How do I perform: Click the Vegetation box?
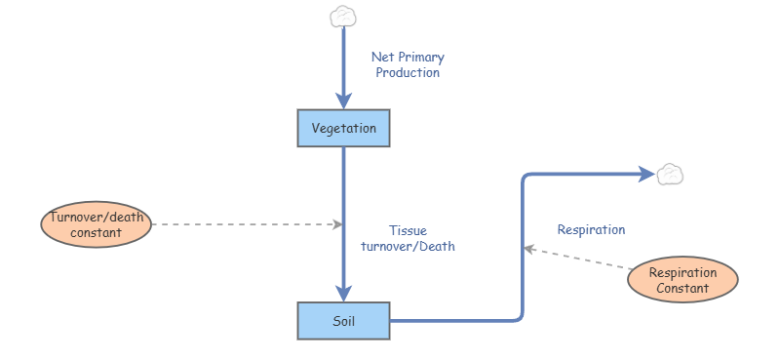click(x=343, y=128)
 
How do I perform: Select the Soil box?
click(x=343, y=320)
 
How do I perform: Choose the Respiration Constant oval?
click(x=682, y=281)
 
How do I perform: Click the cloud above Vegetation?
click(x=342, y=16)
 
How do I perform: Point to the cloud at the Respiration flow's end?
click(x=670, y=175)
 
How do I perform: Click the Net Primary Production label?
click(x=408, y=64)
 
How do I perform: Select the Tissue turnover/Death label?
click(x=408, y=238)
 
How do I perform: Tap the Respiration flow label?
click(x=591, y=230)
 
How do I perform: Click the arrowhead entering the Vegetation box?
click(x=343, y=100)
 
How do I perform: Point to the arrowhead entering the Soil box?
click(x=343, y=293)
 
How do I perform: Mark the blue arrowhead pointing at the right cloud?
click(x=646, y=175)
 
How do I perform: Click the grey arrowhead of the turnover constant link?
click(x=337, y=224)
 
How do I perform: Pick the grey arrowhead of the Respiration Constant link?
click(x=529, y=249)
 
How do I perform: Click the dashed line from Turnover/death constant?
click(x=244, y=224)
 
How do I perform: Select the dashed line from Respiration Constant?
click(x=580, y=260)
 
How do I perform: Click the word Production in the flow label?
click(x=408, y=72)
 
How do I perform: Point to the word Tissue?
click(x=409, y=230)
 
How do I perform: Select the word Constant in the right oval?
click(x=682, y=289)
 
